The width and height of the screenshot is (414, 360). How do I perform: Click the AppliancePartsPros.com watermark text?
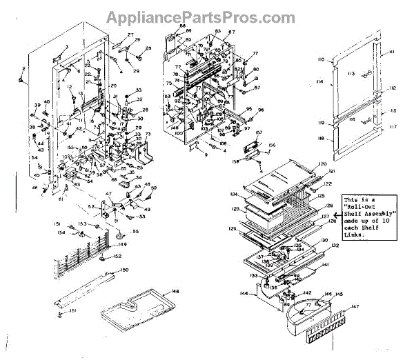(206, 16)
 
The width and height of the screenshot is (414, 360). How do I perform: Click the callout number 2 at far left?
(23, 69)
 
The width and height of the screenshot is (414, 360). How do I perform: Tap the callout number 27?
(131, 35)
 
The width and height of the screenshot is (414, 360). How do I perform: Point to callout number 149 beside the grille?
(122, 244)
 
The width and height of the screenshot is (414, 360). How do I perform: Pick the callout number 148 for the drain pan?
(175, 292)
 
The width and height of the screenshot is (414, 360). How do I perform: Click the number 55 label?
(135, 232)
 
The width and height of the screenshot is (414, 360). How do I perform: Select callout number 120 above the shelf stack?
(322, 165)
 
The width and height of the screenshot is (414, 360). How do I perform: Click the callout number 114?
(320, 82)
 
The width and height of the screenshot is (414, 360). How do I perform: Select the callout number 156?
(271, 145)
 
